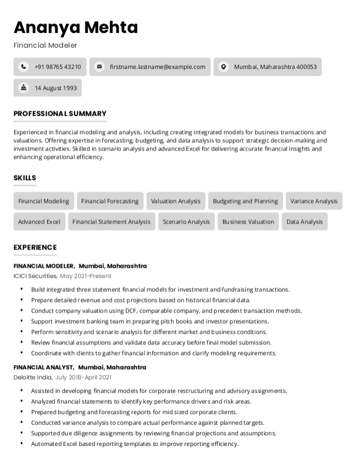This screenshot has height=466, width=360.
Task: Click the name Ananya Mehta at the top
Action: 76,27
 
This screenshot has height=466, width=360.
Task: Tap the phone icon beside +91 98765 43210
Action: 23,67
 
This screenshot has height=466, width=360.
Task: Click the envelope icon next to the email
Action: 99,67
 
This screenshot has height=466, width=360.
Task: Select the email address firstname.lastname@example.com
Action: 158,67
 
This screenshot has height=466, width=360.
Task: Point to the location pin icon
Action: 223,67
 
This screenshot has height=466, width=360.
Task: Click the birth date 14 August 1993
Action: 55,88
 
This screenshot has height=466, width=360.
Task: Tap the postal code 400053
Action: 306,67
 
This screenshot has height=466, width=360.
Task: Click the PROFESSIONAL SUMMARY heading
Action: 60,114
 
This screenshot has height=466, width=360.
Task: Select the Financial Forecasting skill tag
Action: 110,201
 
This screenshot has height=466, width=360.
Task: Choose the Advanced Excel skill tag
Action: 39,222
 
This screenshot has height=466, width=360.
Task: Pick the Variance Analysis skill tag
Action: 314,201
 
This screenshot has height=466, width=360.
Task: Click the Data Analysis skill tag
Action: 304,222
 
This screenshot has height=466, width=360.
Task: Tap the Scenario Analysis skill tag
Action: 186,222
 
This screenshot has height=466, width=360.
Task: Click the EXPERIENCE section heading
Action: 35,248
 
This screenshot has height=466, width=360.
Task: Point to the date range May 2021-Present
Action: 85,276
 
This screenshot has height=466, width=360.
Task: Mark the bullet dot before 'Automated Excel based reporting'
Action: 22,444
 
